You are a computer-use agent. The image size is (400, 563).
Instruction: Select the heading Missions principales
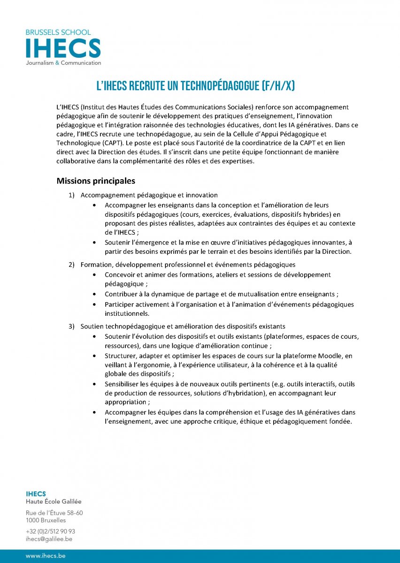pyautogui.click(x=96, y=181)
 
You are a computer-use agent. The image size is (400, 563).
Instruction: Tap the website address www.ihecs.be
pyautogui.click(x=46, y=556)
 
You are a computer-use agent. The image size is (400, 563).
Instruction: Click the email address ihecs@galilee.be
pyautogui.click(x=49, y=539)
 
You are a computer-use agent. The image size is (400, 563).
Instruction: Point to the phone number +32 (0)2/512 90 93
pyautogui.click(x=50, y=532)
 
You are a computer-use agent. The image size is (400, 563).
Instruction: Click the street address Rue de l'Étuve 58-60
pyautogui.click(x=54, y=513)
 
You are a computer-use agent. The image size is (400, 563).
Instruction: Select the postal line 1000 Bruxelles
pyautogui.click(x=46, y=520)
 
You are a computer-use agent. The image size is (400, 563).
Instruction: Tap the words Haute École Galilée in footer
pyautogui.click(x=53, y=502)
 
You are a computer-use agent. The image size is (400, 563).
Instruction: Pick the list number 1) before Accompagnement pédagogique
pyautogui.click(x=72, y=195)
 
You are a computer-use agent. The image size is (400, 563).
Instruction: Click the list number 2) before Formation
pyautogui.click(x=72, y=265)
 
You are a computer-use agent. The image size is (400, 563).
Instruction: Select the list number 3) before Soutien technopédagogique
pyautogui.click(x=72, y=326)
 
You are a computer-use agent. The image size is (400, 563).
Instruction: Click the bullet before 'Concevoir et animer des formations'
pyautogui.click(x=96, y=275)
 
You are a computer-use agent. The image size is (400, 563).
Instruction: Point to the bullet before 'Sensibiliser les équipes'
pyautogui.click(x=96, y=384)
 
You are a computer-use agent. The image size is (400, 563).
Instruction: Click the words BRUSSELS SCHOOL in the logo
pyautogui.click(x=59, y=32)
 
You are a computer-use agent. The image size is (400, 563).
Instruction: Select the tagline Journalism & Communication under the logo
pyautogui.click(x=63, y=63)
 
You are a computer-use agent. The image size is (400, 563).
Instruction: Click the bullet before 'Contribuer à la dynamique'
pyautogui.click(x=96, y=295)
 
